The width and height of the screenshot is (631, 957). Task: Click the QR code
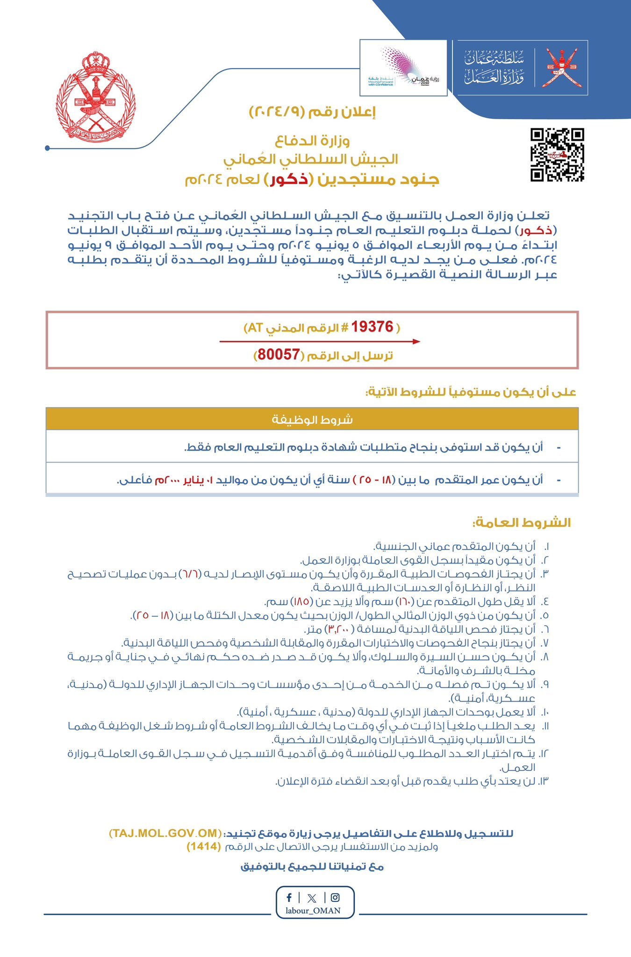pos(557,155)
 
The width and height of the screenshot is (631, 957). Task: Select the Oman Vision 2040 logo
pos(403,68)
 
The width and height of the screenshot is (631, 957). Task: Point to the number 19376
pos(372,327)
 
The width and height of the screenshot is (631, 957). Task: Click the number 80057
pos(279,355)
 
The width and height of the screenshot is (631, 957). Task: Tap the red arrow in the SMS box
pos(320,342)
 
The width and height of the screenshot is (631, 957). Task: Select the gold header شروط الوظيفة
pos(312,419)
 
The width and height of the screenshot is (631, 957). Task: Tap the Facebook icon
pos(289,897)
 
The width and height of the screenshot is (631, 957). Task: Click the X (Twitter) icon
pos(312,898)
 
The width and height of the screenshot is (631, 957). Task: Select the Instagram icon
pos(335,897)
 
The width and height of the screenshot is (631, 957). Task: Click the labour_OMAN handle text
pos(313,910)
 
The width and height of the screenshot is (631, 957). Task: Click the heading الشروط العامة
pos(521,522)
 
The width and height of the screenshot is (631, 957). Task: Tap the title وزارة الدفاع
pos(312,140)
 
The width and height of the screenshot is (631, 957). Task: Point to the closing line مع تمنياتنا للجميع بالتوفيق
pos(312,867)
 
